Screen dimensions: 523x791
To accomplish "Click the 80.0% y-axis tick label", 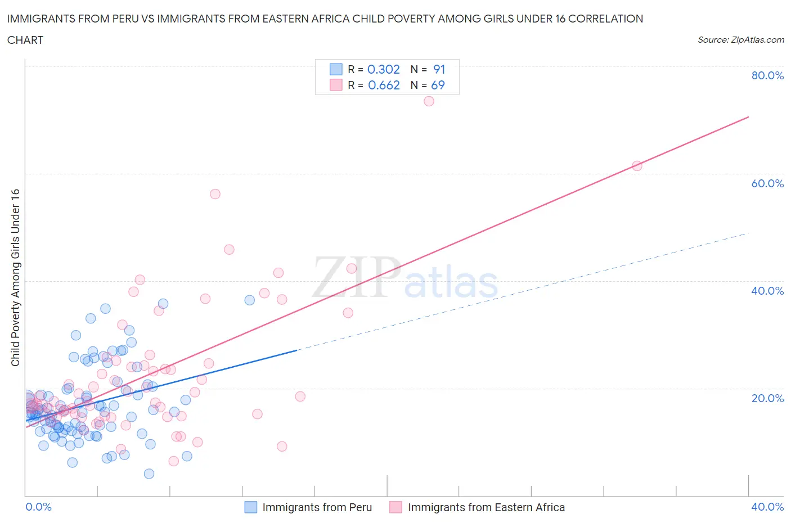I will (x=767, y=75).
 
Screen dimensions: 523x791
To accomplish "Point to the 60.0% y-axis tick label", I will (x=767, y=183).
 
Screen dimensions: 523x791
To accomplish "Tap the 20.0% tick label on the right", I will (x=767, y=398).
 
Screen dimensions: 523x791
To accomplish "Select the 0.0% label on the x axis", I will (x=38, y=507).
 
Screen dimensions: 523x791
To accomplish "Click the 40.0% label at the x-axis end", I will (x=767, y=507).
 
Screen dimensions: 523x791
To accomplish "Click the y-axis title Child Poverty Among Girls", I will (x=15, y=277).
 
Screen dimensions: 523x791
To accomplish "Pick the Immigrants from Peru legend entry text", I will (x=317, y=507).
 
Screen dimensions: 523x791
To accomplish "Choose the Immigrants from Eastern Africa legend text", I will (x=486, y=507).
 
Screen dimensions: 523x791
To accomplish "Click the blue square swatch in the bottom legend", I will (x=250, y=507).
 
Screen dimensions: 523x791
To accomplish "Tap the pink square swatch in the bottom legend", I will (x=396, y=507).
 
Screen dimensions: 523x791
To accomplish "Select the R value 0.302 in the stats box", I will (x=383, y=69).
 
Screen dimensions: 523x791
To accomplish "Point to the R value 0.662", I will (x=384, y=85).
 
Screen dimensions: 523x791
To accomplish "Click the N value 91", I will (x=439, y=69).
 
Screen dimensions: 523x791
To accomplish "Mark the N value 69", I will (x=438, y=85).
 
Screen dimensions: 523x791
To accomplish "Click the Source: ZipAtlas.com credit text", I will (x=740, y=40).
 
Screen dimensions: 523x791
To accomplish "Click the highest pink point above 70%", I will (x=429, y=101).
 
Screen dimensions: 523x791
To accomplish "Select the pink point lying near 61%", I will (x=637, y=166).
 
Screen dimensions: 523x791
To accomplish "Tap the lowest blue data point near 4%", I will (x=149, y=474).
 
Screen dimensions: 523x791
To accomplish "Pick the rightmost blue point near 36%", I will (x=250, y=300).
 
